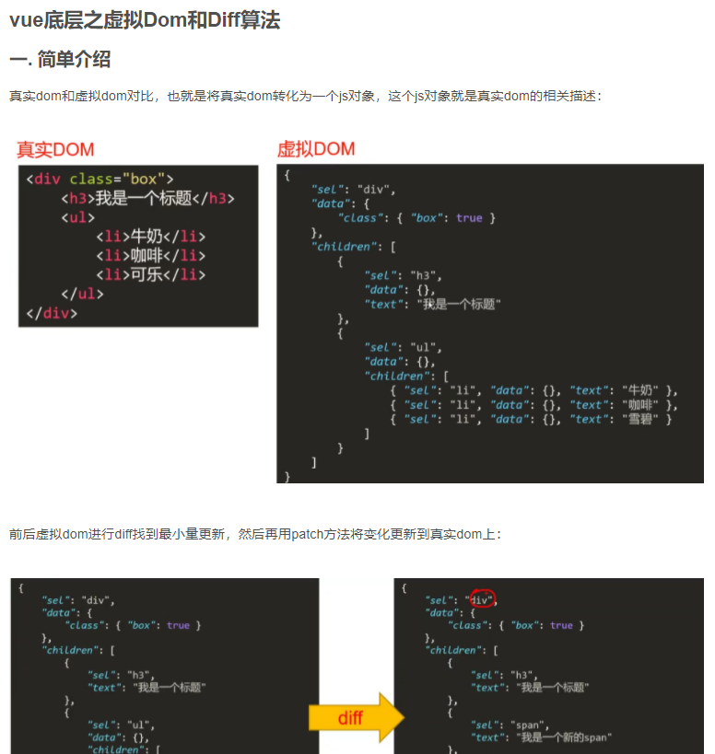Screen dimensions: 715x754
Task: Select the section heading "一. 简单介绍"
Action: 60,61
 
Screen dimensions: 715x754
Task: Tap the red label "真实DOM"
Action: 55,149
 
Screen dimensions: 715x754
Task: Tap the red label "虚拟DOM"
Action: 316,149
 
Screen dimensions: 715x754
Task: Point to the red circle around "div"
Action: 483,598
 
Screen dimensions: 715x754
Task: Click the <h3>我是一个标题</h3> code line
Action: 147,198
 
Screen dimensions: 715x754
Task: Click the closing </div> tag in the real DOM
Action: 52,313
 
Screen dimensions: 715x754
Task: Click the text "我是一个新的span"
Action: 566,738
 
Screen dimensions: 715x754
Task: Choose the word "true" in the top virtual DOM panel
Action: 469,218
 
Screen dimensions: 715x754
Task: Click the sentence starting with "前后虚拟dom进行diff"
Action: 256,534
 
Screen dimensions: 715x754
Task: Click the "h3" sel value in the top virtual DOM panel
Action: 428,275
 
